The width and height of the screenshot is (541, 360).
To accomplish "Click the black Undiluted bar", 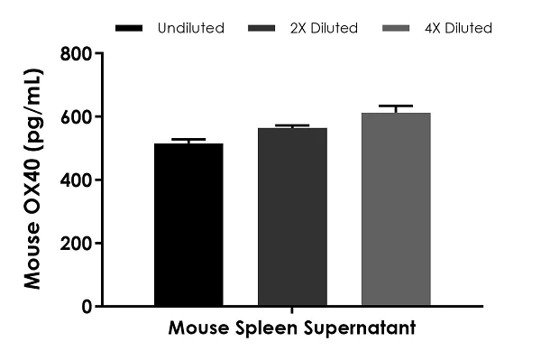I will [x=188, y=226].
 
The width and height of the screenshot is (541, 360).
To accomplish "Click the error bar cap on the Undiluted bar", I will [x=188, y=140].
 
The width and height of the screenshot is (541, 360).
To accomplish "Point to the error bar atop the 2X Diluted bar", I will [x=292, y=125].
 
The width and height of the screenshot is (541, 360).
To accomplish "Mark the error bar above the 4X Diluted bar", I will [x=396, y=106].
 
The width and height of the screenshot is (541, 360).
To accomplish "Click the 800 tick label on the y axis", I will [x=76, y=54].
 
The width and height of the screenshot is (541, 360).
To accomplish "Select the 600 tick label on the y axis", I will [x=76, y=117].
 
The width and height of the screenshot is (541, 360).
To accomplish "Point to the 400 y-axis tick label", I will [x=76, y=180].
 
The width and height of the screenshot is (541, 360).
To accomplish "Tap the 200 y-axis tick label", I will [x=76, y=244].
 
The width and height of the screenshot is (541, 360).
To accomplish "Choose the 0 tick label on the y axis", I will [x=87, y=307].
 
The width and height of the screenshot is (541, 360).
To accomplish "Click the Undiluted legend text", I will [x=191, y=28].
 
